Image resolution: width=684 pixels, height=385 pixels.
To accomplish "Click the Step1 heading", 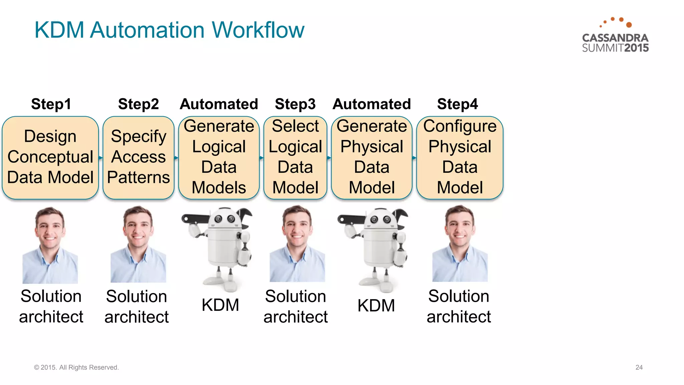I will point(51,104).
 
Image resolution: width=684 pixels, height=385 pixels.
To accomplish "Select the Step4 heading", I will point(458,104).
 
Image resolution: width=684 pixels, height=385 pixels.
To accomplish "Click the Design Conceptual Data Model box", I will point(50,157).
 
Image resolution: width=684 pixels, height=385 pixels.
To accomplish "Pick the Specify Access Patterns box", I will point(138,157).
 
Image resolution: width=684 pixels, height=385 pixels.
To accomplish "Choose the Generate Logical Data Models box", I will point(219,157).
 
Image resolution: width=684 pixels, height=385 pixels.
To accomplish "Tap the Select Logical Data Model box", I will point(295,157).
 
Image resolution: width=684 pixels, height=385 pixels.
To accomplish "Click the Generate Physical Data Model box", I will point(372,157).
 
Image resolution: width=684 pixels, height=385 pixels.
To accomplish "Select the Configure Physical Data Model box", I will point(460,157).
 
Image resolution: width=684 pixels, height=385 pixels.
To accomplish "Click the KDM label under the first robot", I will point(220,305).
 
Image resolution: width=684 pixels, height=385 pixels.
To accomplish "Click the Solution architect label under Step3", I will point(296,306).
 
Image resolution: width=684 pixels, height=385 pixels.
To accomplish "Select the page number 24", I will point(639,367).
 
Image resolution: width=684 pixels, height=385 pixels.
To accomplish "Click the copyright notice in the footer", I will point(76,367).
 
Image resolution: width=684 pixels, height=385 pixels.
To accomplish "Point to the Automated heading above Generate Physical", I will point(372,104).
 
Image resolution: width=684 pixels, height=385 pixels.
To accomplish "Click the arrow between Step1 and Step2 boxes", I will point(101,157).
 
